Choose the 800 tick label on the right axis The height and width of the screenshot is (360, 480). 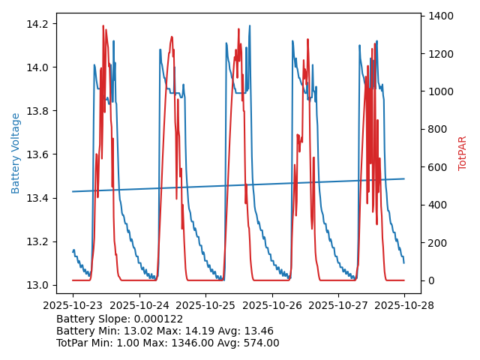point(438,129)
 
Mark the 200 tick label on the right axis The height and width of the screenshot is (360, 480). point(438,243)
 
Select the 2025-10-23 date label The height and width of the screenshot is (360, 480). point(73,306)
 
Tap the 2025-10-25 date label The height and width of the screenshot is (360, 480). point(205,306)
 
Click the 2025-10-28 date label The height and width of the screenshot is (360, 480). point(404,306)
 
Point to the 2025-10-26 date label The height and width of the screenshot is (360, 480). point(271,306)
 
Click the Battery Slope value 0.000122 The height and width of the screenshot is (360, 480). point(156,319)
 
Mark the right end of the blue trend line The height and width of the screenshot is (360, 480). point(404,178)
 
